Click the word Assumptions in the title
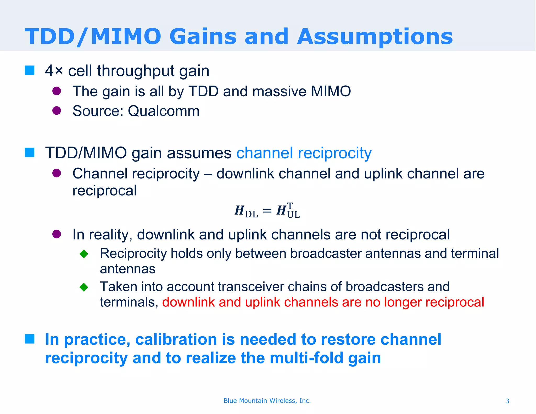(375, 37)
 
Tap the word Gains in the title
(203, 37)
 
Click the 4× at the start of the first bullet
(54, 71)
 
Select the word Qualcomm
(164, 111)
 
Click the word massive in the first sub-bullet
(279, 92)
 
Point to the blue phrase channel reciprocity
(304, 153)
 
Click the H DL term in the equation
(246, 211)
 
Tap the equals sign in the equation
(267, 211)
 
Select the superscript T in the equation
(290, 206)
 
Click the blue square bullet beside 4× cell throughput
(30, 70)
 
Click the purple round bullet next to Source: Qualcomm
(57, 111)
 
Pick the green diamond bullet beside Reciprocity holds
(84, 254)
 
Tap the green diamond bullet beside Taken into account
(84, 287)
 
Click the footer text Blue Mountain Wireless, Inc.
(267, 401)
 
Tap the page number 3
(507, 401)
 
